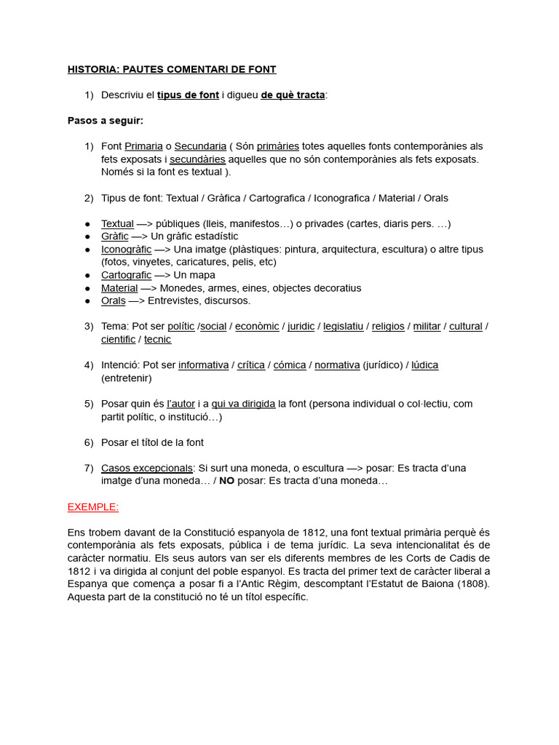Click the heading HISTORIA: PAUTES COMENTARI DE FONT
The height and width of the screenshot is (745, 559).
(x=172, y=70)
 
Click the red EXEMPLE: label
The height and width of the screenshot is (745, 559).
(x=93, y=506)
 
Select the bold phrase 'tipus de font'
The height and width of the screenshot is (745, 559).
(x=188, y=95)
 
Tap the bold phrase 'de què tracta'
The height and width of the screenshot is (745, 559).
(x=293, y=95)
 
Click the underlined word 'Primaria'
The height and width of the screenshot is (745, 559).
(x=143, y=146)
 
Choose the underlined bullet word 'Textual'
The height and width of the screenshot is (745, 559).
(x=117, y=223)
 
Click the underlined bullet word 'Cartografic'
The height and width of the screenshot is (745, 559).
(x=126, y=275)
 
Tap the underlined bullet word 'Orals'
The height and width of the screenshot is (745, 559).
(x=113, y=300)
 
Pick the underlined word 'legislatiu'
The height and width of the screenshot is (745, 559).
(x=343, y=327)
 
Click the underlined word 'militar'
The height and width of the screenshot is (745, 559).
(x=427, y=327)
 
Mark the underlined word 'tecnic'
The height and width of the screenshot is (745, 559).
(x=158, y=339)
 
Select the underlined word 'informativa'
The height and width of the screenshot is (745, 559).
(x=203, y=365)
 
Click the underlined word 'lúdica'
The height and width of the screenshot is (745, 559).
(x=425, y=365)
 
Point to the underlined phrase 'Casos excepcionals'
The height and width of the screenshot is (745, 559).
(x=147, y=468)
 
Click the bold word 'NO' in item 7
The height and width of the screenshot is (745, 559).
(x=227, y=481)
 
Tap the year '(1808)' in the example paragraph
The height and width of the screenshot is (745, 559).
(x=474, y=583)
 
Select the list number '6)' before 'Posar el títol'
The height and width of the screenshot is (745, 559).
(x=89, y=442)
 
